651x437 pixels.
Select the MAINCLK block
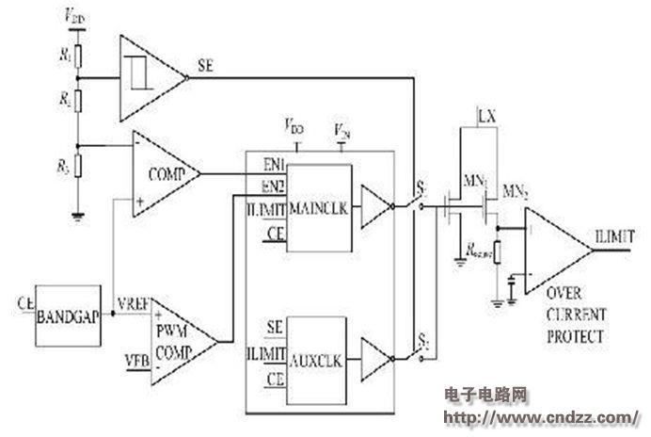(320, 208)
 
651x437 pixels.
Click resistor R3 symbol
(79, 169)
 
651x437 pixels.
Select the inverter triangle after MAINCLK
(375, 208)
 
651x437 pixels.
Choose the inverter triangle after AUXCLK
(375, 358)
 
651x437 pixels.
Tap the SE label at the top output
(205, 66)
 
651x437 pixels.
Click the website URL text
(536, 415)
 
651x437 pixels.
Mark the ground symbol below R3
(79, 216)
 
